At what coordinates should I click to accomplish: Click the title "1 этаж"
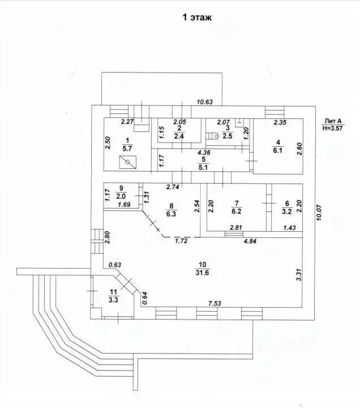tap(197, 17)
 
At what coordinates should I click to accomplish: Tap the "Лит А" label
tap(332, 121)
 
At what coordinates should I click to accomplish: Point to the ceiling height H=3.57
tap(332, 127)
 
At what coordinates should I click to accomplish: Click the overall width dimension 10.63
tap(204, 102)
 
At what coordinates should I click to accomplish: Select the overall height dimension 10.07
tap(319, 212)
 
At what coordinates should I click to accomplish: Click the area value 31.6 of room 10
tap(202, 273)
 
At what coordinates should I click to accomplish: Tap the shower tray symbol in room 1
tap(127, 162)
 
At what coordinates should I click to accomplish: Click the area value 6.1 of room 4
tap(278, 150)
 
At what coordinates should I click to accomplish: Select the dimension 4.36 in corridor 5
tap(204, 152)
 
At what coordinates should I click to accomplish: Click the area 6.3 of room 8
tap(171, 214)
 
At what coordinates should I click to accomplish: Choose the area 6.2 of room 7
tap(236, 211)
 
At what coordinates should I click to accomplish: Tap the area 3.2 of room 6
tap(287, 211)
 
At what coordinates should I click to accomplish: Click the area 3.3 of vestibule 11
tap(113, 300)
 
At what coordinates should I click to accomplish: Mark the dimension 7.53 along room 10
tap(215, 303)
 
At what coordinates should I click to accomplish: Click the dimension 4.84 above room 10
tap(250, 241)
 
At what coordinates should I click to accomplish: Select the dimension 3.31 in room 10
tap(299, 275)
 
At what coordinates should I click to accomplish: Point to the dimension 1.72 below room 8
tap(181, 241)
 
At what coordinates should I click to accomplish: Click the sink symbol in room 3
tap(239, 122)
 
